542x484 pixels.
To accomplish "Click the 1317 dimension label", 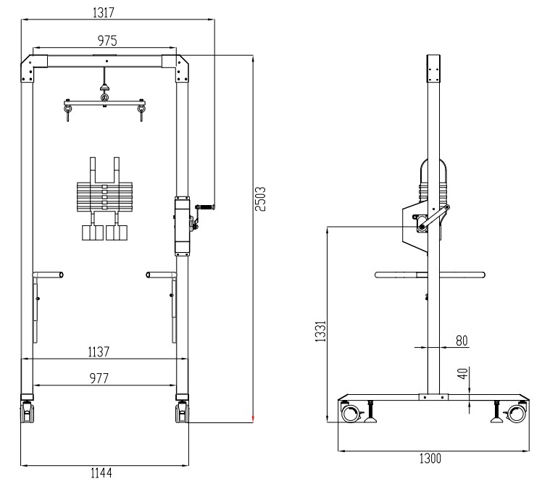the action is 104,12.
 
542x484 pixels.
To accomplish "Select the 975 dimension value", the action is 107,41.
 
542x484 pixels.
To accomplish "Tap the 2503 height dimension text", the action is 260,199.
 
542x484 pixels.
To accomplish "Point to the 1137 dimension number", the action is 99,351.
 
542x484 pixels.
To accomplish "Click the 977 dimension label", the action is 99,378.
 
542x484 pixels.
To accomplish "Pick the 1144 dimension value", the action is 101,473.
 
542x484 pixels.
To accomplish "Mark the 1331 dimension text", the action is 320,331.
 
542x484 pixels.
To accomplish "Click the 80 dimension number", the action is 462,341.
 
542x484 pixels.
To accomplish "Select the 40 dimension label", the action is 462,374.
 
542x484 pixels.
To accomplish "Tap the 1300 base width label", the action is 430,459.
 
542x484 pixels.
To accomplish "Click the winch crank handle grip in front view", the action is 206,207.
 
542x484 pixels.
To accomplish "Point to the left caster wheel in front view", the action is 28,412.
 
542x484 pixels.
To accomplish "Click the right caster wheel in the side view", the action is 517,413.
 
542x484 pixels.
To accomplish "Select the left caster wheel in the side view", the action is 350,413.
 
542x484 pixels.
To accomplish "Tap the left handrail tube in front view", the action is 48,275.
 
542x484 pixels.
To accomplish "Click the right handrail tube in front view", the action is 162,275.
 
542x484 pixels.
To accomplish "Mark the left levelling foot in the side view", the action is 371,412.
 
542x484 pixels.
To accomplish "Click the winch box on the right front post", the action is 182,226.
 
